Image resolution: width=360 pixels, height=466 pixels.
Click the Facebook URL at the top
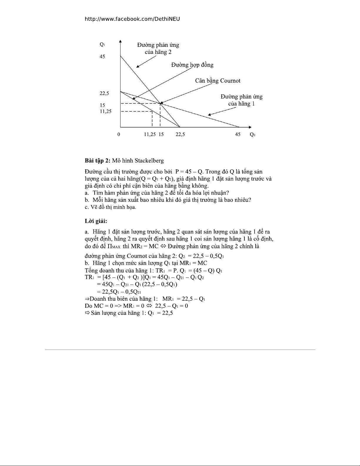click(132, 19)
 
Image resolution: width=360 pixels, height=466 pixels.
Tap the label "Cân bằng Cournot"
click(217, 81)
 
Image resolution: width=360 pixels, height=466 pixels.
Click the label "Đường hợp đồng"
click(192, 65)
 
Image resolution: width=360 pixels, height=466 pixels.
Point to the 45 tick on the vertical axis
click(102, 57)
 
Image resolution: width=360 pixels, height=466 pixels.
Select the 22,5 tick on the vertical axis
click(104, 93)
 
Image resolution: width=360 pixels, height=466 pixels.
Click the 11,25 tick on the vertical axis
click(106, 111)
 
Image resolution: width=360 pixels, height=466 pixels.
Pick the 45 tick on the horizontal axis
click(238, 134)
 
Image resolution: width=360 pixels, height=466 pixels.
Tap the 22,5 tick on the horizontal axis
click(180, 134)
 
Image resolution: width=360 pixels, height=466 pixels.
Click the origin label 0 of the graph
click(118, 134)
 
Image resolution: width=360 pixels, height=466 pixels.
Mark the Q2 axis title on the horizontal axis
click(252, 135)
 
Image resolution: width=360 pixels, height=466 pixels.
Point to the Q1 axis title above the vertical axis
click(102, 45)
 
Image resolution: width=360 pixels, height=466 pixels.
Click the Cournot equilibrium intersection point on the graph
click(160, 103)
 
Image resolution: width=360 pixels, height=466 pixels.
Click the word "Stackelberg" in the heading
click(149, 161)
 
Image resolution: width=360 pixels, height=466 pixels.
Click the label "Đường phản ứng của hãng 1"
click(241, 100)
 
